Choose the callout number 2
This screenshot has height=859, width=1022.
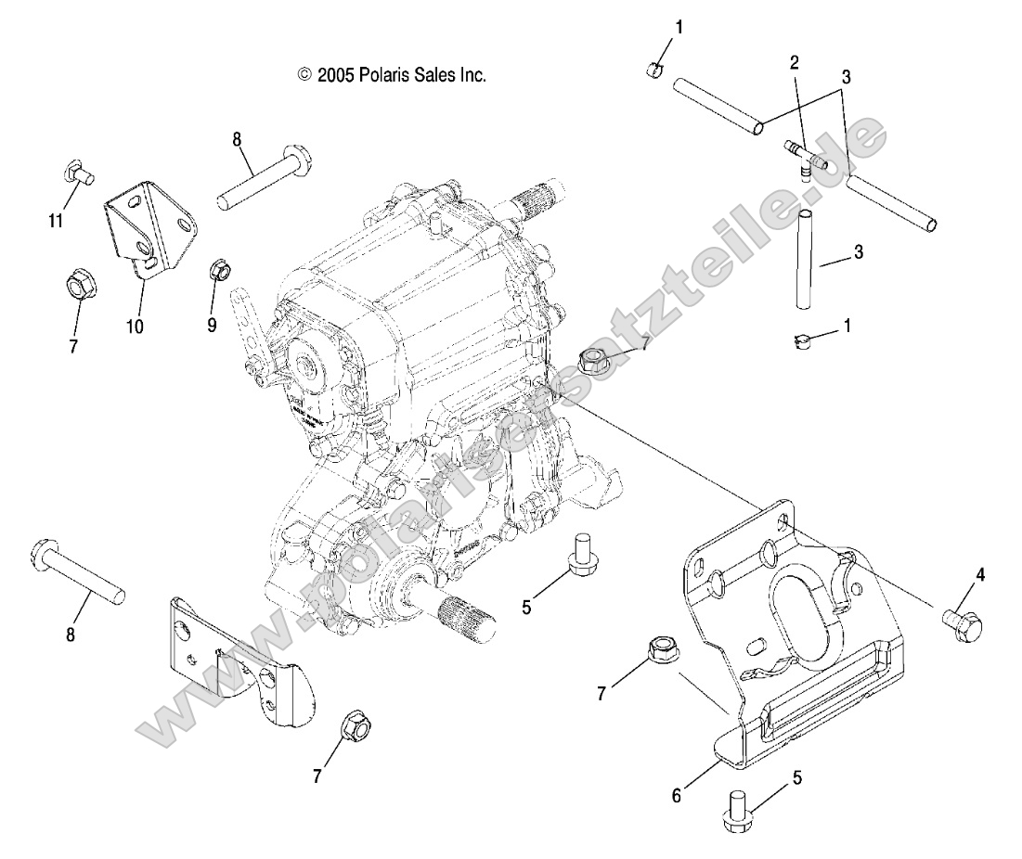(795, 63)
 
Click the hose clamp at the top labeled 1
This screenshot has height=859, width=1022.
(653, 67)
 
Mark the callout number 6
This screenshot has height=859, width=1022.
(677, 795)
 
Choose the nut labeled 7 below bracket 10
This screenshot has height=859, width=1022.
(77, 285)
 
